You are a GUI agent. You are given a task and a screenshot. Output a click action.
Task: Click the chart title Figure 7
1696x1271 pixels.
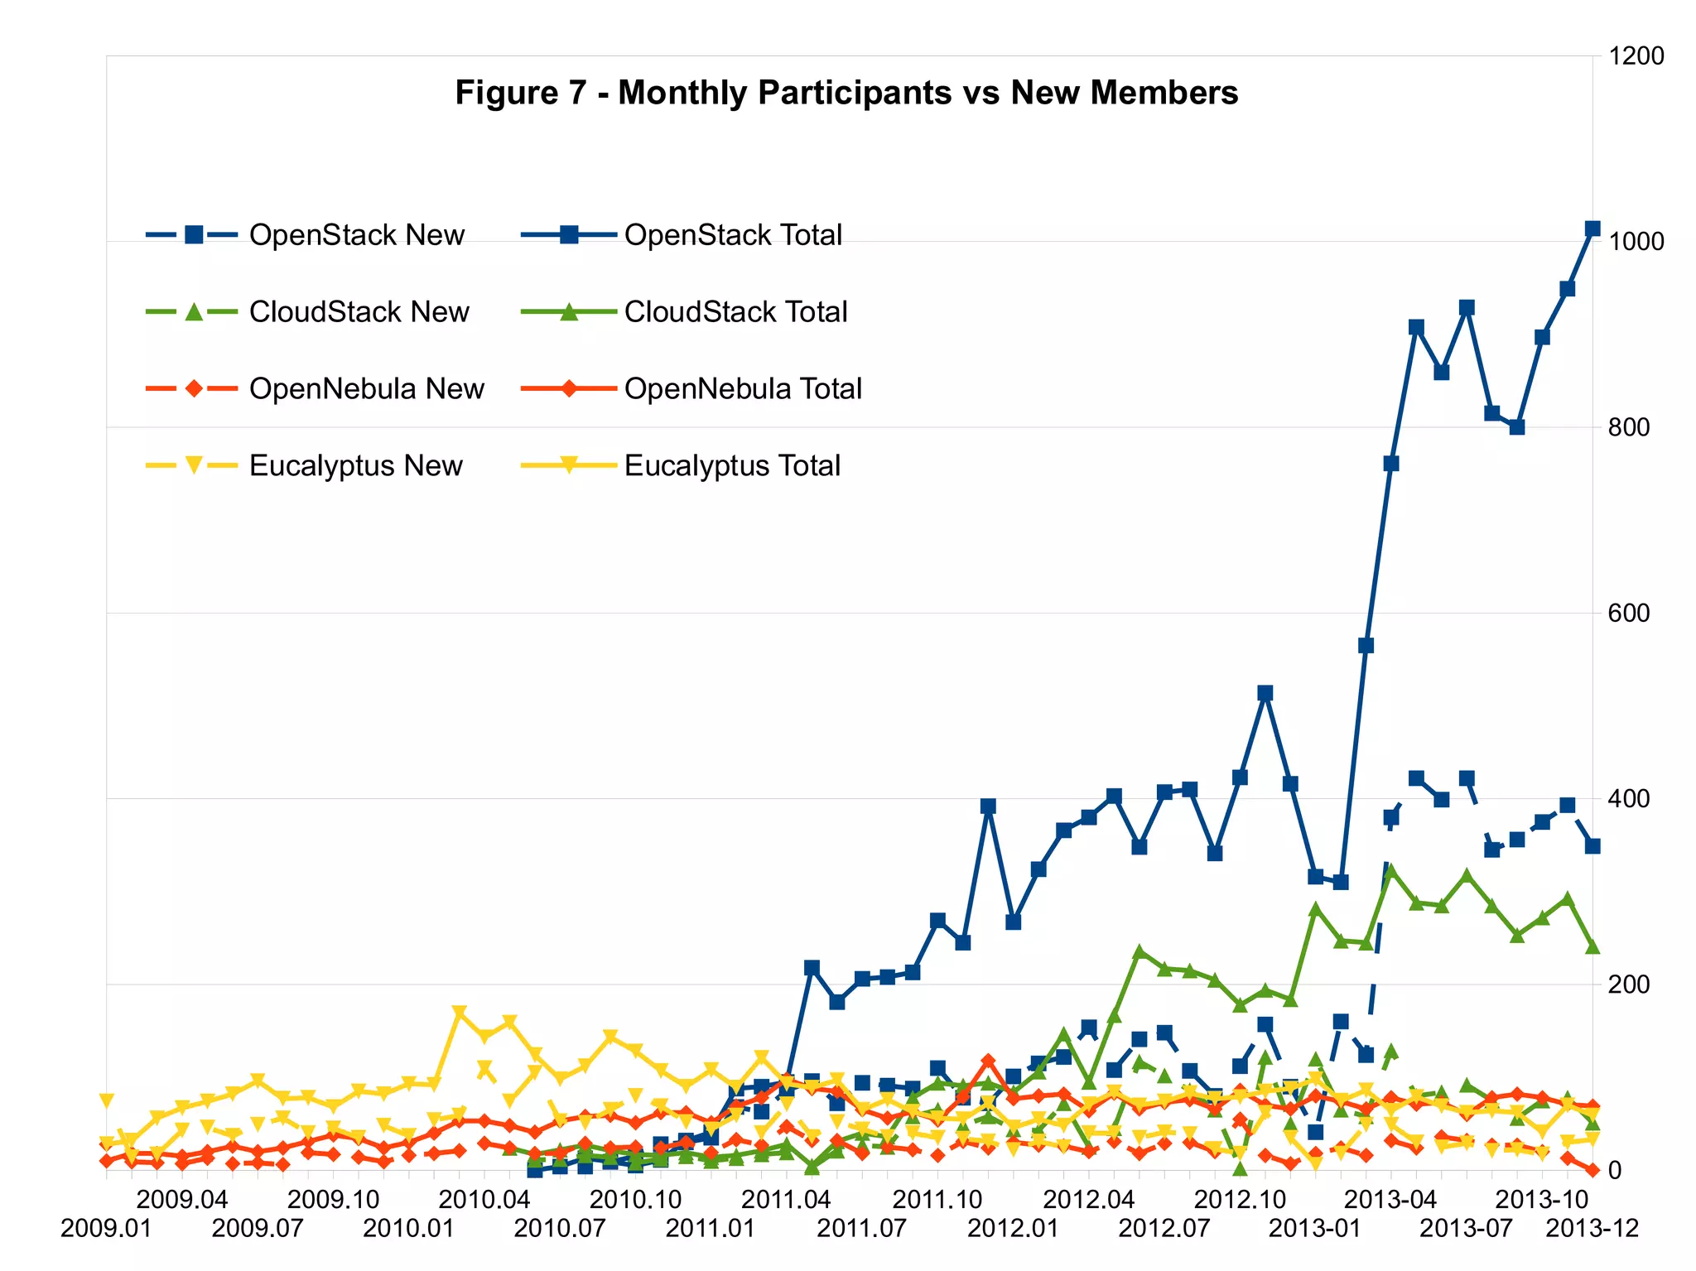pyautogui.click(x=846, y=93)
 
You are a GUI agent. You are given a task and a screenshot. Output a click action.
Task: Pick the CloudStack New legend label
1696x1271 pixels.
pyautogui.click(x=359, y=312)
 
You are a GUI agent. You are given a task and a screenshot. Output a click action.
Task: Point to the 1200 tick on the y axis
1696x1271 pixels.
pyautogui.click(x=1636, y=56)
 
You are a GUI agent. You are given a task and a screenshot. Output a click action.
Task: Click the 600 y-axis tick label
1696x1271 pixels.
pyautogui.click(x=1628, y=614)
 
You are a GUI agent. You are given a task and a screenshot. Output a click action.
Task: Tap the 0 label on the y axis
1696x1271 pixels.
pyautogui.click(x=1614, y=1171)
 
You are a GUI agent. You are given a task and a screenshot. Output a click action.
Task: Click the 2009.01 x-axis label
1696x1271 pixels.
pyautogui.click(x=106, y=1228)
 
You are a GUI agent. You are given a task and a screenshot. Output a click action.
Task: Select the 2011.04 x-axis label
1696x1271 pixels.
pyautogui.click(x=786, y=1199)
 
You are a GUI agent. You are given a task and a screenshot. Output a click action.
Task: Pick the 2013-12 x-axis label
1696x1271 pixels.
pyautogui.click(x=1592, y=1228)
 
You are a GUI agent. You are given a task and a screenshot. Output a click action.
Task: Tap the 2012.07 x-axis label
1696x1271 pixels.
pyautogui.click(x=1164, y=1228)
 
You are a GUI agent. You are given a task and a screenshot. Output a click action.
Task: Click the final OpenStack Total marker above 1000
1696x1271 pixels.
pyautogui.click(x=1592, y=229)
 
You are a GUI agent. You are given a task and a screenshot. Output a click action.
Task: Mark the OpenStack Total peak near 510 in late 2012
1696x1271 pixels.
pyautogui.click(x=1265, y=693)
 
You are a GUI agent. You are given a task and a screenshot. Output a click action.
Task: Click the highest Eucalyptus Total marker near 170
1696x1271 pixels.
pyautogui.click(x=460, y=1012)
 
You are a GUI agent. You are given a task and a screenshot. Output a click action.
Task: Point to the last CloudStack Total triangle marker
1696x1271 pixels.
pyautogui.click(x=1592, y=946)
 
